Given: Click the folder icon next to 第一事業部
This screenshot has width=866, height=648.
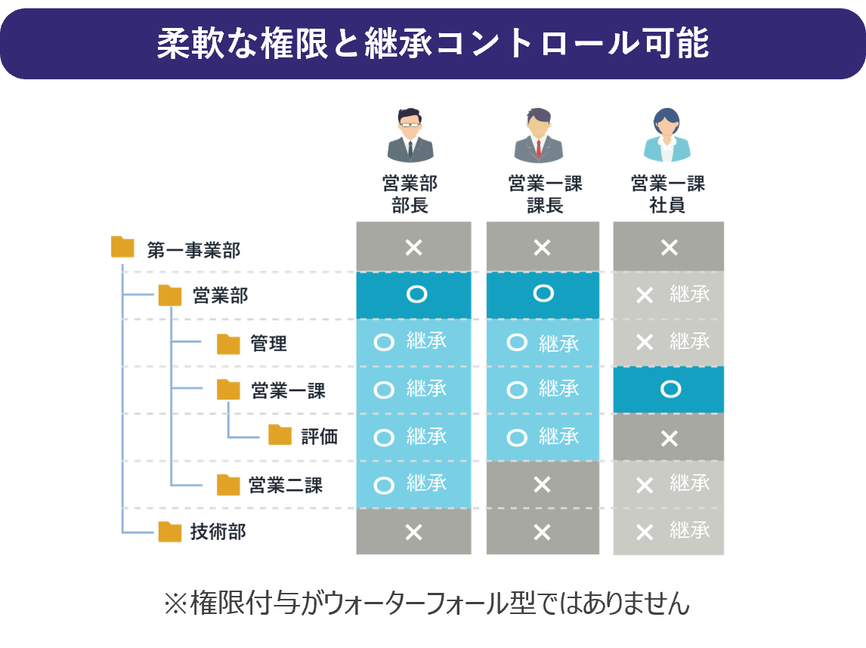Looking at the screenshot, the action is point(122,247).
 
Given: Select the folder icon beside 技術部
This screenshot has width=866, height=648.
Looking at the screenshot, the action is point(169,532).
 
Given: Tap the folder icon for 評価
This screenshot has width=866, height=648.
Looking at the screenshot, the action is point(280,435).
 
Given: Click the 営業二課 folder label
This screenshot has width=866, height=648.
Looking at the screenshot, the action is point(286,485).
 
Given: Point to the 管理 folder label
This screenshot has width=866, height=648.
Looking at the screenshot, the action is point(268,344).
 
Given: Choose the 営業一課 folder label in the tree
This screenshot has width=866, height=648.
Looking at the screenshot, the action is point(289,390).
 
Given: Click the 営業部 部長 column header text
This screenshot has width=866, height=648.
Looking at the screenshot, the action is point(410,194).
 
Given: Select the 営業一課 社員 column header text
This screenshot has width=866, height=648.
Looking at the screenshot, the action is point(668,194).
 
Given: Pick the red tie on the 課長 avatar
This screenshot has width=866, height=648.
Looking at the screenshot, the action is point(539,149).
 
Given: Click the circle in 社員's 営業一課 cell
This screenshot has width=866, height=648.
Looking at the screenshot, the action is point(670,389).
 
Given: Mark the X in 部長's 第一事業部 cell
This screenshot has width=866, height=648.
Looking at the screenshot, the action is point(413,247).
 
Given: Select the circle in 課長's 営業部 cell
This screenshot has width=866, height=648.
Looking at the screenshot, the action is point(543,293).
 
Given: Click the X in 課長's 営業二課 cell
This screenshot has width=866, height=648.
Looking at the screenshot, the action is point(543,485).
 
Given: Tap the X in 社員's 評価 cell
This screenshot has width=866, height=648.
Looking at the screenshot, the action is point(670,439).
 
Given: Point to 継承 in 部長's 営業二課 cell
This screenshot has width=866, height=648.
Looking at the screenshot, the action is point(426,483).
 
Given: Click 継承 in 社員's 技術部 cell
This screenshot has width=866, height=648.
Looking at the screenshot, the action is point(690,530).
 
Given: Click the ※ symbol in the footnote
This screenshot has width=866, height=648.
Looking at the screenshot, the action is point(176,603).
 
